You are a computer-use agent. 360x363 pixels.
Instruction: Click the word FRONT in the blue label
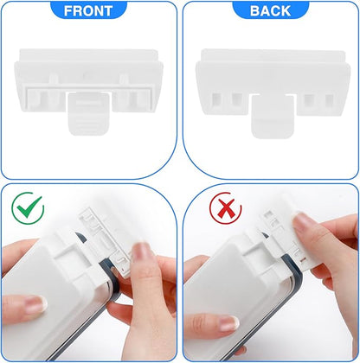pos(89,11)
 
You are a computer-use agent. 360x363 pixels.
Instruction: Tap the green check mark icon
pos(29,207)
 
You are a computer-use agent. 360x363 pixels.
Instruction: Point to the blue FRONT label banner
pos(89,11)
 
